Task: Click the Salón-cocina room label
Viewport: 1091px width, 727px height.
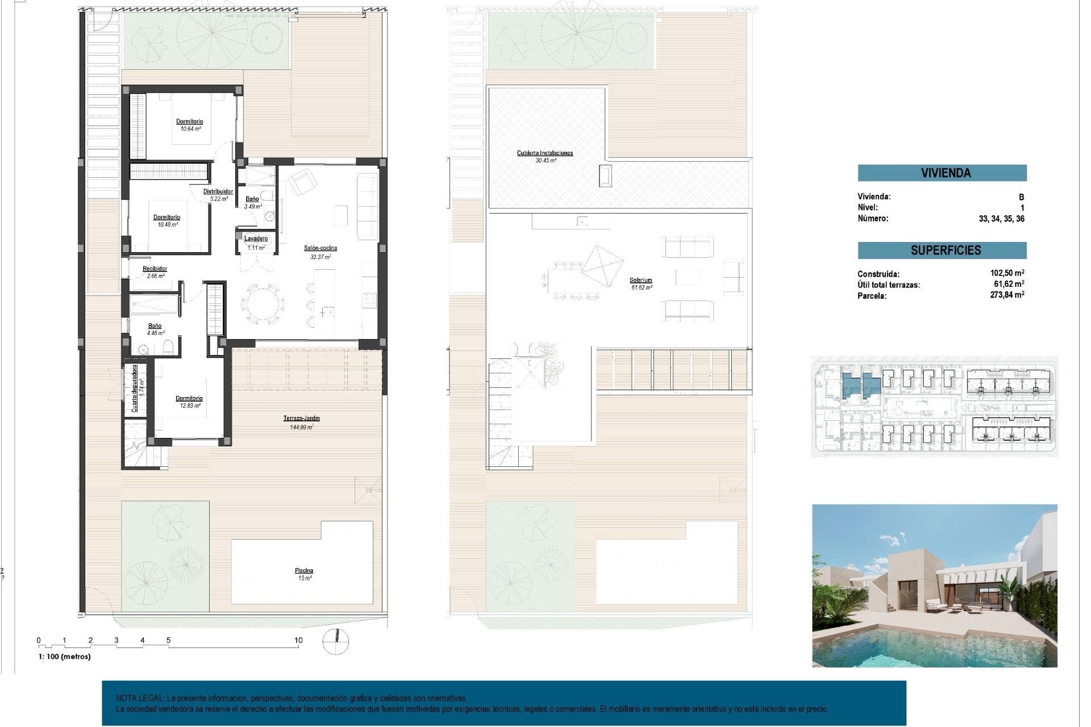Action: click(x=320, y=248)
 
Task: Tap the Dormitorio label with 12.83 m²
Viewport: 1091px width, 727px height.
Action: click(x=189, y=399)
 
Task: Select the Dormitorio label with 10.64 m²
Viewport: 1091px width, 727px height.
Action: click(x=189, y=122)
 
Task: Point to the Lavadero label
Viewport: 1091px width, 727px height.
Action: click(x=256, y=239)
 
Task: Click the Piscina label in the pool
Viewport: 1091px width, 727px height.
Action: click(x=304, y=571)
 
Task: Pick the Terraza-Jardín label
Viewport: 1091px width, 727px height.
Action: click(x=302, y=419)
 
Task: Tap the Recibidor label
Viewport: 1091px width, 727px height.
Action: click(x=155, y=269)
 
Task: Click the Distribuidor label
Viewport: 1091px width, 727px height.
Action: click(x=218, y=192)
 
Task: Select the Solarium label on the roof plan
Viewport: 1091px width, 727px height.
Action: click(x=640, y=281)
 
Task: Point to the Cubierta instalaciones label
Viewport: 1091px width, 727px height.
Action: click(x=544, y=153)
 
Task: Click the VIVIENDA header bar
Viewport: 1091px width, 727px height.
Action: click(x=942, y=173)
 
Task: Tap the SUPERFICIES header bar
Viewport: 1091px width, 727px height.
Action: click(x=942, y=250)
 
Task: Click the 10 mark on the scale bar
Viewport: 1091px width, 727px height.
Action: click(x=298, y=641)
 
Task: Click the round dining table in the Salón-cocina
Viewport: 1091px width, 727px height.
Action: click(x=263, y=304)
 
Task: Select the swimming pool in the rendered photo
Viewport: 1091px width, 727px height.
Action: click(x=932, y=647)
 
